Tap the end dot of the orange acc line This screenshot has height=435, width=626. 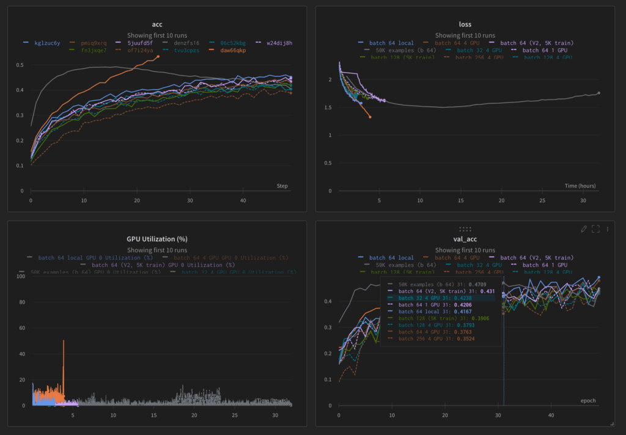[x=158, y=57]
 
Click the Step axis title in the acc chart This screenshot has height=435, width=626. [x=282, y=186]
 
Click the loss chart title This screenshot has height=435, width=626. [x=465, y=24]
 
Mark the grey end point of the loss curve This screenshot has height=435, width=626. [x=598, y=93]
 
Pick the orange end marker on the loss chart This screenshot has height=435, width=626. [x=370, y=117]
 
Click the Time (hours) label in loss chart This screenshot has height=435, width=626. [x=580, y=186]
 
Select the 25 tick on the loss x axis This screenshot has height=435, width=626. [x=542, y=200]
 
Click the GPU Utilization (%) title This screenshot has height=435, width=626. [x=156, y=239]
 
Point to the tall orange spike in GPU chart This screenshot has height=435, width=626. [x=64, y=342]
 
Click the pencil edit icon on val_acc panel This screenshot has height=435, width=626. [x=583, y=228]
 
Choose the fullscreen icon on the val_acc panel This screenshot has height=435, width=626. [x=595, y=228]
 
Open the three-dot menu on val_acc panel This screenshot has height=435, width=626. [x=608, y=228]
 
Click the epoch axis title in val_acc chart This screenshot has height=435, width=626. [x=587, y=401]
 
